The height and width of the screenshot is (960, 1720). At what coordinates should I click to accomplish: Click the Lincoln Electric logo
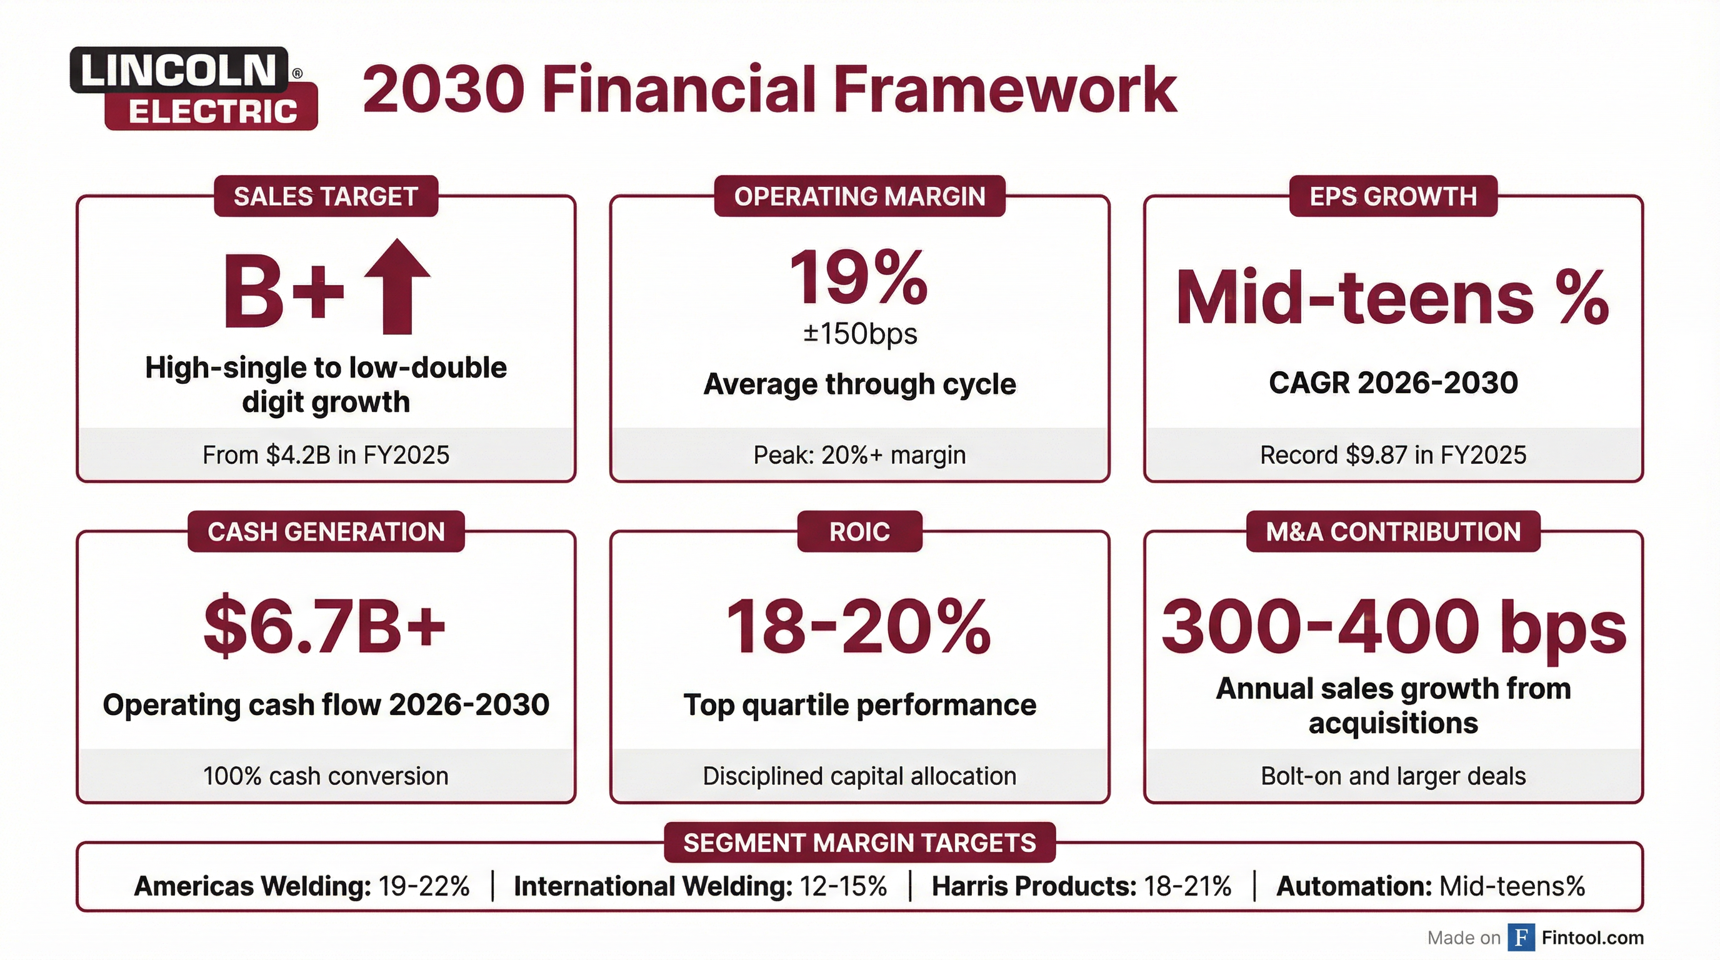point(193,88)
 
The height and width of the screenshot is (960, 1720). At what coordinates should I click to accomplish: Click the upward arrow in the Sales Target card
point(397,286)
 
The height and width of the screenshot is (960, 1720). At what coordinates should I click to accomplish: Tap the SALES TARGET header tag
point(326,196)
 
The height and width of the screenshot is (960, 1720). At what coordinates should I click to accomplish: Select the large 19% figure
point(859,277)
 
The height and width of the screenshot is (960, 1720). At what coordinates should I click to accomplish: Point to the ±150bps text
point(859,333)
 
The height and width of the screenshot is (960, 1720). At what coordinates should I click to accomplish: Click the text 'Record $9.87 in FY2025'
point(1393,455)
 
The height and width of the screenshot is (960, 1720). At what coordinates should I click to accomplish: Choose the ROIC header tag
point(859,531)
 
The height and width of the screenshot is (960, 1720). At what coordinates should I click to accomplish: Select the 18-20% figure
point(859,626)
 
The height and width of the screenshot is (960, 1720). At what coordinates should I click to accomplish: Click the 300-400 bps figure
point(1394,626)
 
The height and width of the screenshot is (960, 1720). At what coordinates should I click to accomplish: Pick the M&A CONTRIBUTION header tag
point(1393,531)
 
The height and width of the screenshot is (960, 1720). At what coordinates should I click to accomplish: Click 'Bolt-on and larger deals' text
point(1393,776)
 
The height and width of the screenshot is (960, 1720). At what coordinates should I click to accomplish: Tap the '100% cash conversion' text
point(326,776)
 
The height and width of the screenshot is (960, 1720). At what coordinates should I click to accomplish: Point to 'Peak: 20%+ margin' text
point(859,455)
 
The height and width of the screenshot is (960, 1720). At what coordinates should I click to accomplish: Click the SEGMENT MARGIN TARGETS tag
point(859,842)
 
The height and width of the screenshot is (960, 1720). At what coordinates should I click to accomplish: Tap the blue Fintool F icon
point(1521,937)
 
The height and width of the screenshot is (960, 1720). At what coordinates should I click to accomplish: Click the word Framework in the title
point(1005,89)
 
